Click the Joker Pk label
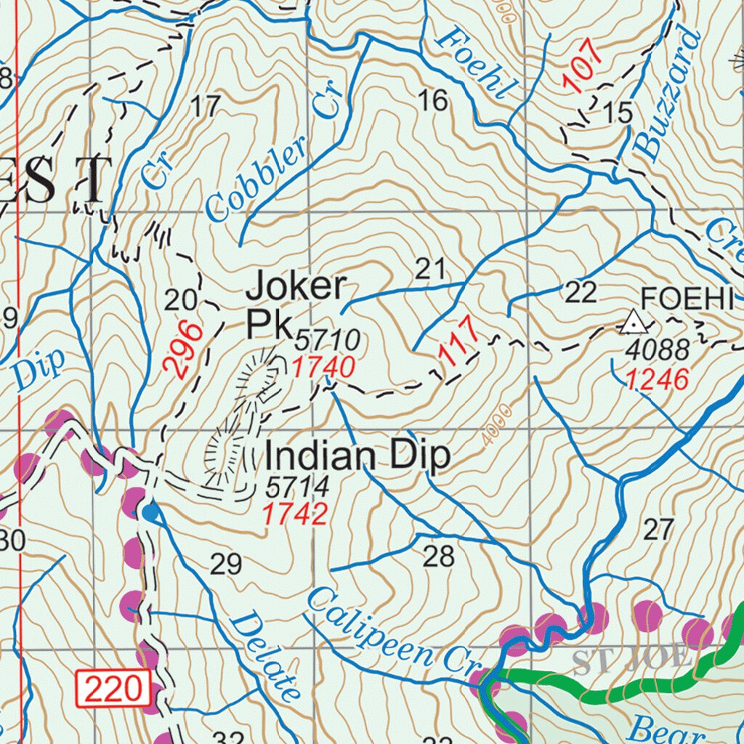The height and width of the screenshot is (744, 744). [296, 305]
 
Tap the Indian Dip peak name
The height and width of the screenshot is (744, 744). [357, 457]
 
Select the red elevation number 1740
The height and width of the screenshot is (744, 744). [323, 368]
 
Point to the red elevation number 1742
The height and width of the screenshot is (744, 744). [294, 514]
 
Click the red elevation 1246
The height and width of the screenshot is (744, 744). [658, 380]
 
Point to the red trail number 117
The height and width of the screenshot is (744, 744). [459, 340]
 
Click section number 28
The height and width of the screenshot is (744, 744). [438, 557]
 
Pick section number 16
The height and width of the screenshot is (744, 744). [433, 101]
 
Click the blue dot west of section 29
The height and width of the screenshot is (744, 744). [150, 514]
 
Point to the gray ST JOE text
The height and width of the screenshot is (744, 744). [631, 660]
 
